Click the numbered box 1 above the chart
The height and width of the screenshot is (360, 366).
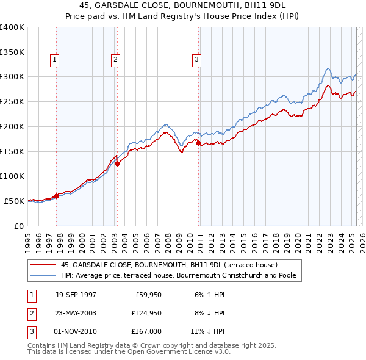(x=55, y=60)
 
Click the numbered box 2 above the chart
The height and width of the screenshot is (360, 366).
(x=115, y=60)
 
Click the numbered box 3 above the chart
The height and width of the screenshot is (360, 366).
(x=197, y=60)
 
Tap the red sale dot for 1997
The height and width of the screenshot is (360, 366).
(x=56, y=196)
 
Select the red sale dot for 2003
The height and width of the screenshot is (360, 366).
(x=117, y=164)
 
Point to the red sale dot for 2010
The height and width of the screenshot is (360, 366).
(x=199, y=143)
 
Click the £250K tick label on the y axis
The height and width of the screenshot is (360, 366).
(x=12, y=101)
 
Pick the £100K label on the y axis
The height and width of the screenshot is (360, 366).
(x=12, y=176)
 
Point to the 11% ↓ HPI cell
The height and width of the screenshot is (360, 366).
(x=208, y=332)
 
